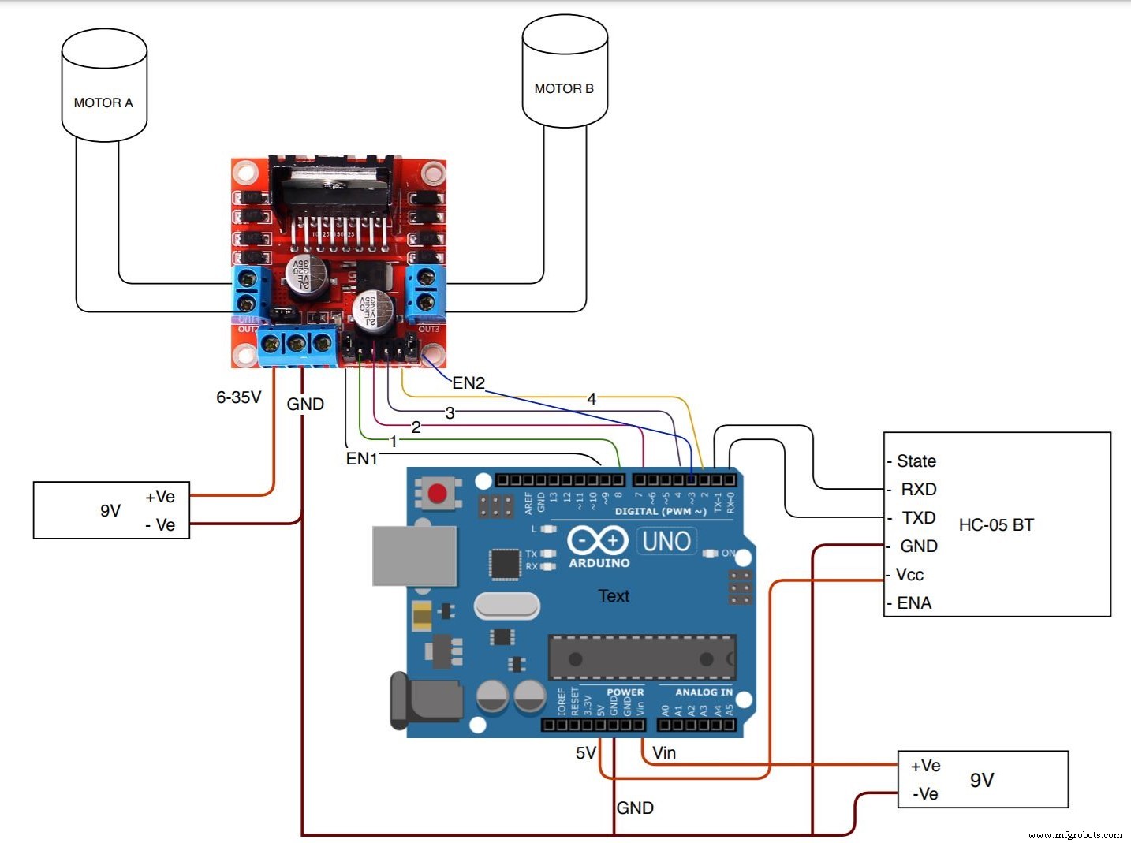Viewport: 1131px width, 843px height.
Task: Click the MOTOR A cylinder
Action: tap(104, 86)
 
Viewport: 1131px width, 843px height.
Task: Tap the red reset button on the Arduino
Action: tap(436, 494)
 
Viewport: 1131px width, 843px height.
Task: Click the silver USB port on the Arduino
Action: tap(414, 556)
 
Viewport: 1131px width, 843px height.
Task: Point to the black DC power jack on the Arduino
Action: tap(426, 701)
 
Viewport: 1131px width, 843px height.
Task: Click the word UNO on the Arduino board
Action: tap(666, 542)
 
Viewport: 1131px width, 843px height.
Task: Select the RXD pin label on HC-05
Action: tap(918, 490)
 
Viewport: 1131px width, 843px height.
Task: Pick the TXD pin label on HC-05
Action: tap(918, 518)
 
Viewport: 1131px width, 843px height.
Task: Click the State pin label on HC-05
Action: tap(916, 461)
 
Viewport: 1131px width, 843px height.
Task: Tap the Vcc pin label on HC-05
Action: tap(909, 575)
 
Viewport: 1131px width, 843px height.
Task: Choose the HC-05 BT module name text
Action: tap(996, 525)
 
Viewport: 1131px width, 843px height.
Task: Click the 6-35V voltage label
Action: tap(238, 397)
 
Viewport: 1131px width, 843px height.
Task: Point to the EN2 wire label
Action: tap(468, 383)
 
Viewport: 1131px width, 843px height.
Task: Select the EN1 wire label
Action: tap(362, 459)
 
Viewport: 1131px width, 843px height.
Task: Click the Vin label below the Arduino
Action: tap(664, 753)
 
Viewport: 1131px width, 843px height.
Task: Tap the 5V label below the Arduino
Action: tap(585, 753)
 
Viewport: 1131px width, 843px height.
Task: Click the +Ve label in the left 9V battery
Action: tap(160, 497)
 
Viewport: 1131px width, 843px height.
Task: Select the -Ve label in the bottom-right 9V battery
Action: tap(925, 794)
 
